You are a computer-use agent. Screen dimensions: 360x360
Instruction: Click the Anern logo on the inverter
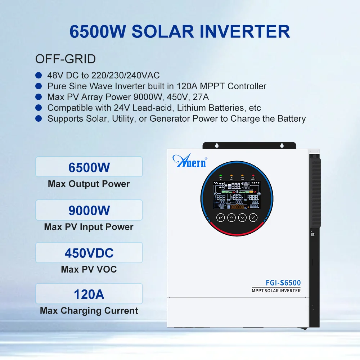click(190, 161)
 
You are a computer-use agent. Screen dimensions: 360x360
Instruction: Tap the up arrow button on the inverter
click(231, 217)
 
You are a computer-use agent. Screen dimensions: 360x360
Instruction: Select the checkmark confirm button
click(253, 217)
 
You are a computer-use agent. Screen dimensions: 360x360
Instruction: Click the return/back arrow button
click(220, 217)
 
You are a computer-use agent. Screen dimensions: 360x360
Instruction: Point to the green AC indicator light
click(221, 176)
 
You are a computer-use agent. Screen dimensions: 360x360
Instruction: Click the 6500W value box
click(89, 167)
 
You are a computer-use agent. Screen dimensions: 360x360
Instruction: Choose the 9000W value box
click(89, 211)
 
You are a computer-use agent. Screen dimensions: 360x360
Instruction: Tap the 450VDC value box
click(89, 253)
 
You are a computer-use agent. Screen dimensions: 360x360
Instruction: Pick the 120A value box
click(89, 294)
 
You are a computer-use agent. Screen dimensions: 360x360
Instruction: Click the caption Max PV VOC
click(89, 269)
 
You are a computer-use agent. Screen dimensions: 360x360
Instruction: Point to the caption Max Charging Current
click(89, 310)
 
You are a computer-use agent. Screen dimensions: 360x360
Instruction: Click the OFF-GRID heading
click(66, 59)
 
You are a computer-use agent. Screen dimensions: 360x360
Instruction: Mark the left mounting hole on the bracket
click(217, 145)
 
